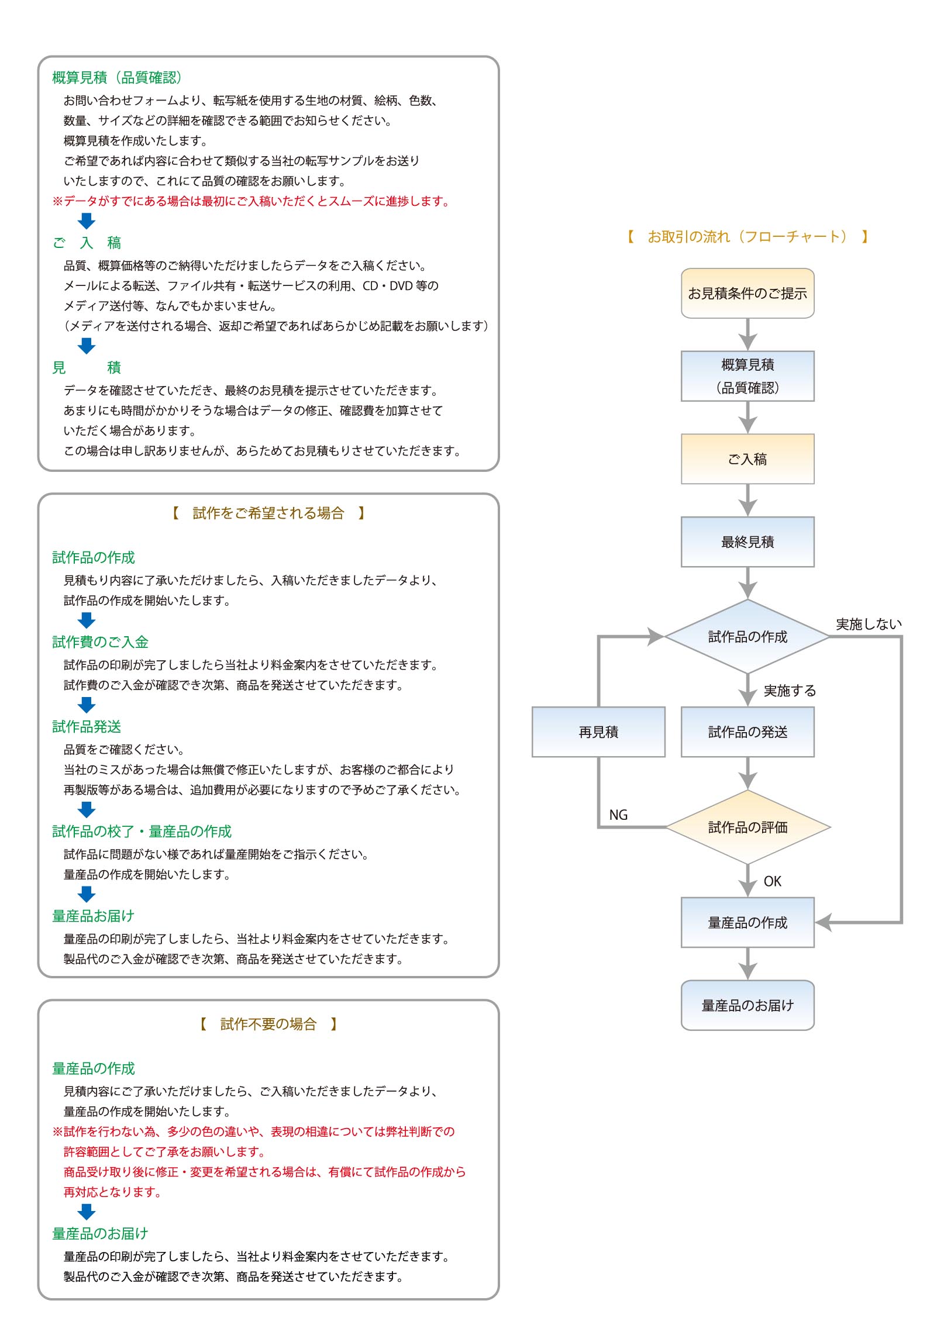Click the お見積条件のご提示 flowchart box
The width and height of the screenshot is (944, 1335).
(747, 293)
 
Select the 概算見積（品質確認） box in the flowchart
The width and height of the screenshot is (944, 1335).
(747, 376)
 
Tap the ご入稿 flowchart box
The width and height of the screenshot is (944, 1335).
(747, 459)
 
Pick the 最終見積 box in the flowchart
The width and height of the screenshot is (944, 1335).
(747, 542)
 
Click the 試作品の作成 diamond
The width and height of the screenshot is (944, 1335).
(747, 636)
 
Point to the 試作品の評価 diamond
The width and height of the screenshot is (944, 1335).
(747, 827)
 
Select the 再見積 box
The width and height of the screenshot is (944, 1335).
(598, 732)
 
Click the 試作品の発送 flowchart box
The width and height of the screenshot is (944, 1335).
(747, 732)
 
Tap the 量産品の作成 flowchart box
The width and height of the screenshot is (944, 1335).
(747, 922)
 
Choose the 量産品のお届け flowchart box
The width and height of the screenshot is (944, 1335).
(747, 1005)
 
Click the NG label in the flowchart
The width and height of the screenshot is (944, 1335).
(618, 815)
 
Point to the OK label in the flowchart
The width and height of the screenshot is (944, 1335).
(773, 881)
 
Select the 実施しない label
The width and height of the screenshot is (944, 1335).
(869, 624)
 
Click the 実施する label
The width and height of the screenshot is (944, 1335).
(790, 691)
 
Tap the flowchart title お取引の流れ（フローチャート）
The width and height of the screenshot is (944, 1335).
(747, 236)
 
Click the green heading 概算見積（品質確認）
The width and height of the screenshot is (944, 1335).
(117, 77)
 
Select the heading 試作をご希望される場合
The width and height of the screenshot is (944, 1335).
(268, 513)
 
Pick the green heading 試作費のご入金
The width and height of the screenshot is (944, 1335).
(101, 641)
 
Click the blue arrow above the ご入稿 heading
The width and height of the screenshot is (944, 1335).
(87, 221)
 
